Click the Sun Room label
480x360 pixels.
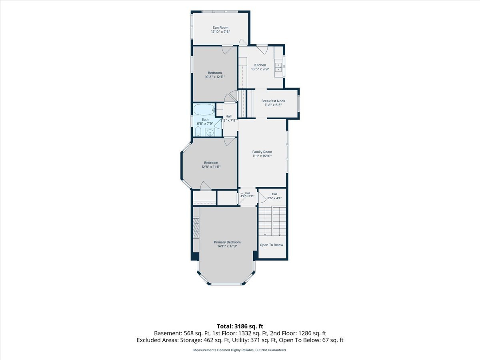pos(220,28)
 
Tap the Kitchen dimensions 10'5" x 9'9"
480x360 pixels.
pos(260,69)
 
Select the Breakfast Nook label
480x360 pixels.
pos(273,101)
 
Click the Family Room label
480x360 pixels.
pos(262,152)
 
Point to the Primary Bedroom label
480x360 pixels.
pos(227,242)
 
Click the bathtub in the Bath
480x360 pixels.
pos(204,110)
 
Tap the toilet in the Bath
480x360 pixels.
pos(198,132)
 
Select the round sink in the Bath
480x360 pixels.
pos(210,132)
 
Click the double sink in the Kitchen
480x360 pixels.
pos(278,67)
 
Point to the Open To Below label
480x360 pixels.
pos(271,245)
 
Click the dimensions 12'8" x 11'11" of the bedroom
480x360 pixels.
pos(211,167)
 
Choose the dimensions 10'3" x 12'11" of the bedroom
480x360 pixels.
pos(215,77)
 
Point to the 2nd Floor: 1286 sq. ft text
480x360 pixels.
pos(298,333)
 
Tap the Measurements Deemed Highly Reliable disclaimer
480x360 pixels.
pos(240,350)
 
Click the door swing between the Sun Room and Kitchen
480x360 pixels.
pos(243,42)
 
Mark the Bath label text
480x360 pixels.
pos(205,120)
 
